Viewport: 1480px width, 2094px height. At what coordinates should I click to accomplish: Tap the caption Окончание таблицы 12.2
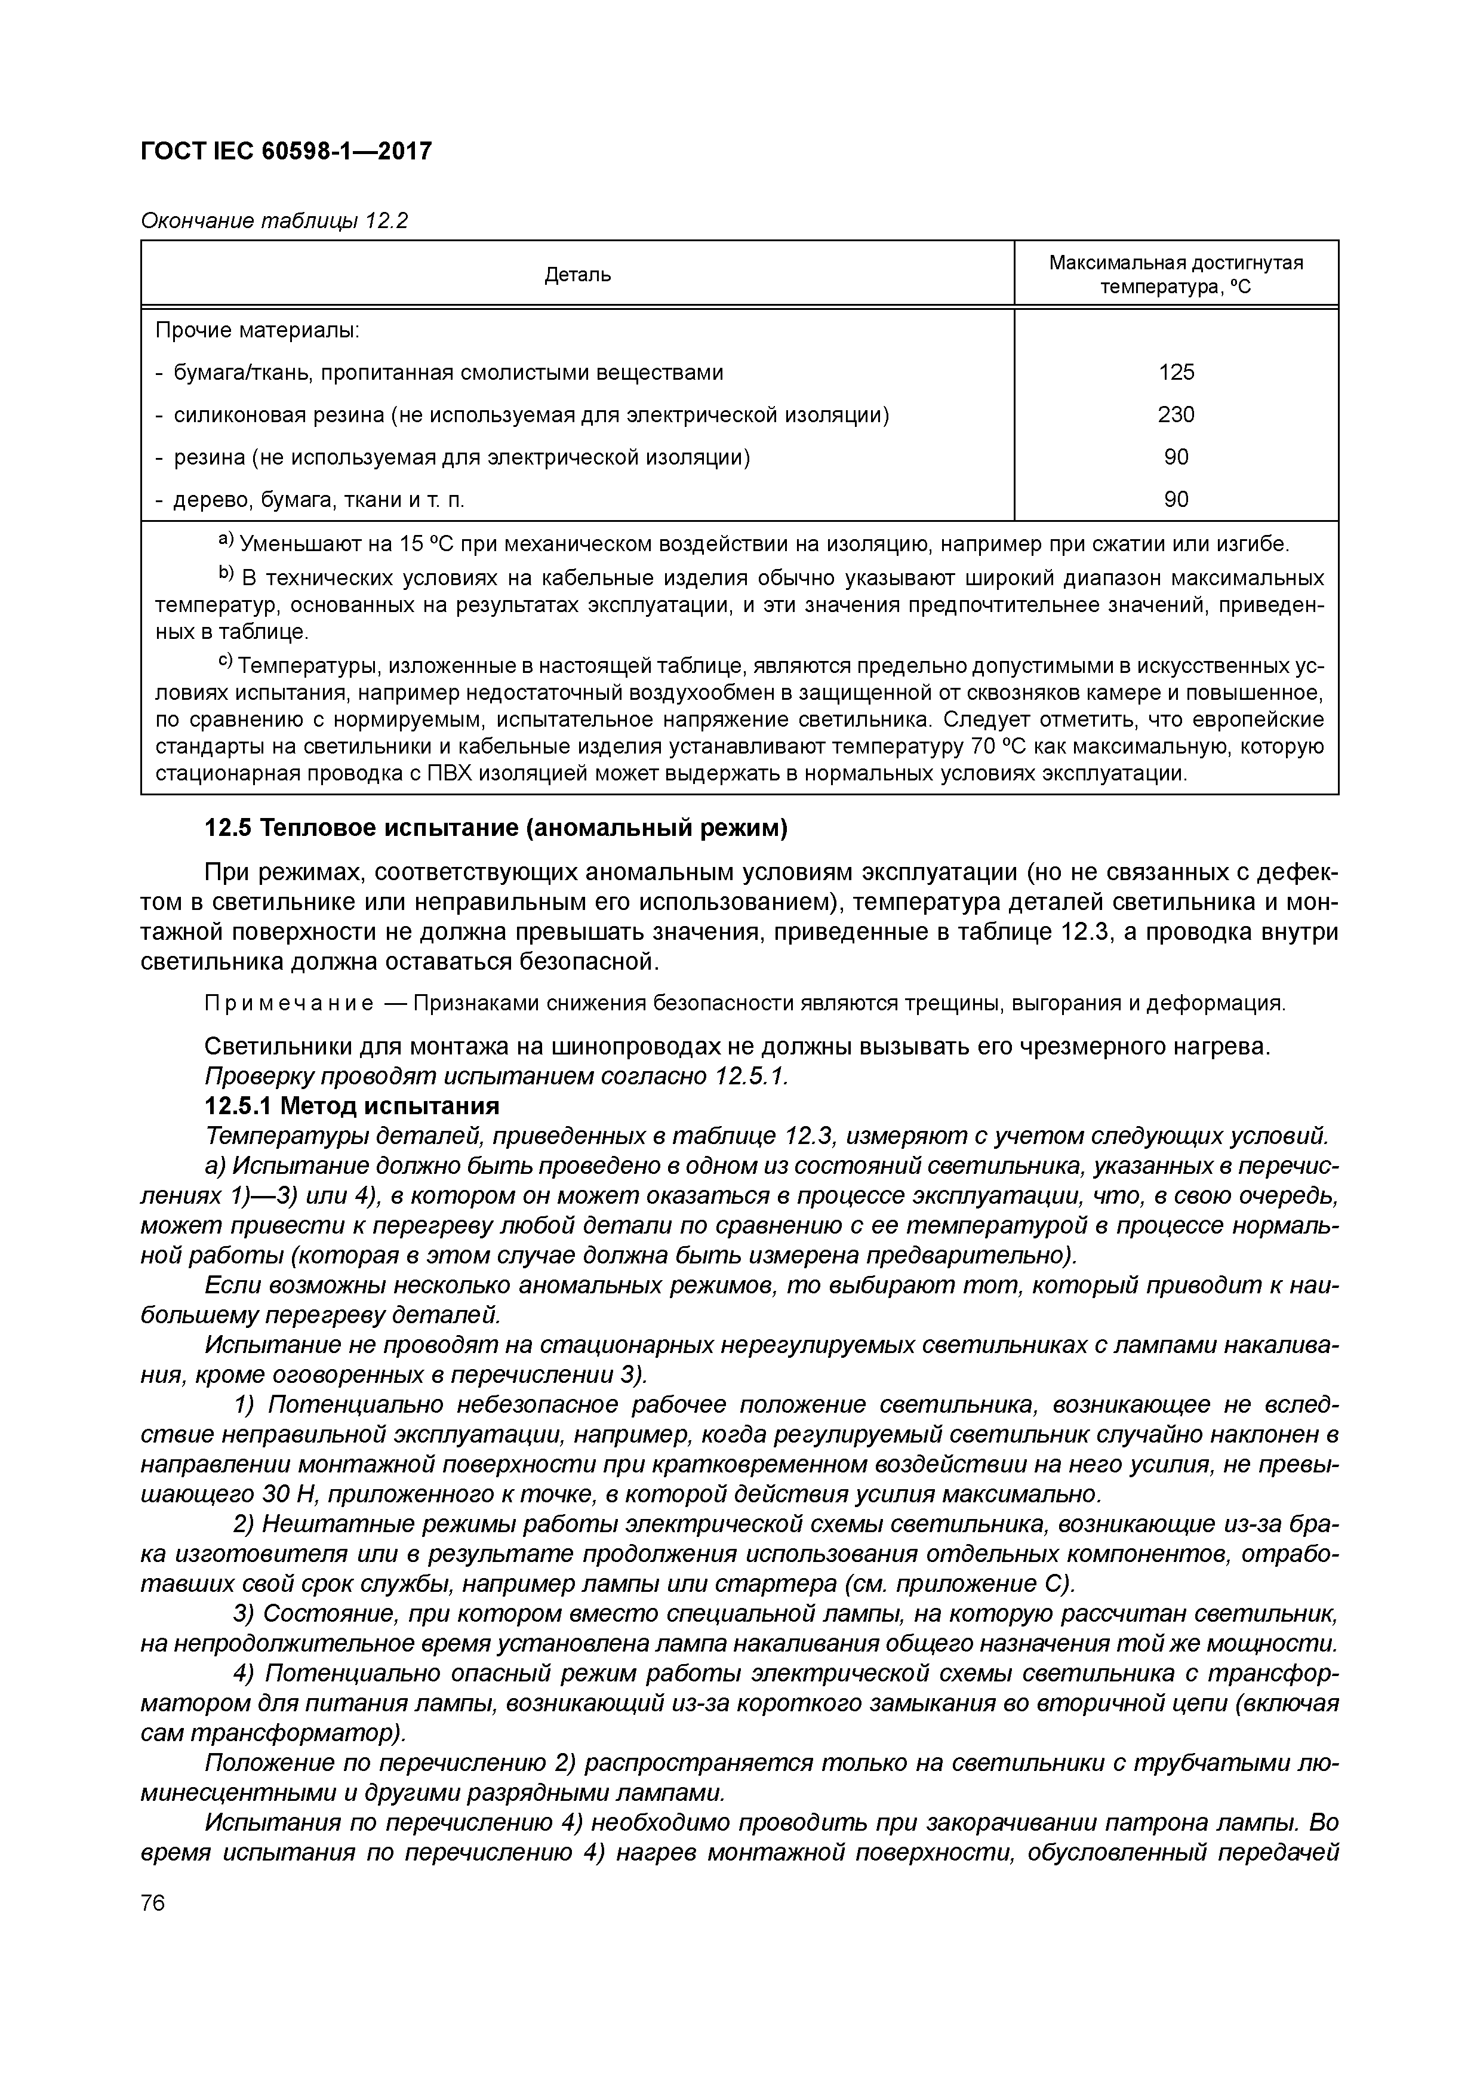[x=273, y=221]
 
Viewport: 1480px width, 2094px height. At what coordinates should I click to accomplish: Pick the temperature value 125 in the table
[x=1176, y=372]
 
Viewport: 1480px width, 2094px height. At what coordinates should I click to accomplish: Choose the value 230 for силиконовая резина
[x=1176, y=415]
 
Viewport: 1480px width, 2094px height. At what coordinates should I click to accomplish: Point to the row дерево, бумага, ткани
[x=310, y=500]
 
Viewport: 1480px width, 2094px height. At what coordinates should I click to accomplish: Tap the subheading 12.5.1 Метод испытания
[x=352, y=1106]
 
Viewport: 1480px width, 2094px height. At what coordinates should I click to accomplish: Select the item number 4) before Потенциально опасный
[x=244, y=1674]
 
